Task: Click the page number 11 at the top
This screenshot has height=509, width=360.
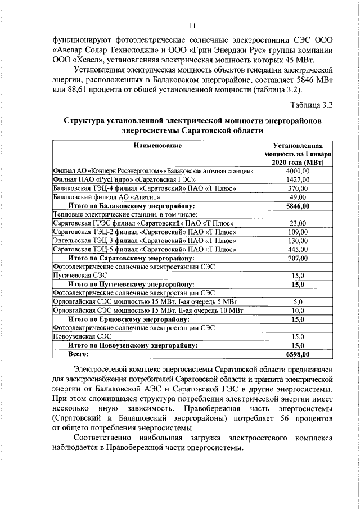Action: tap(192, 25)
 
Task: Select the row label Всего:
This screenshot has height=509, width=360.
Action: tap(79, 354)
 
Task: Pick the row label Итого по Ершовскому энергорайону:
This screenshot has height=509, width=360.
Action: tap(132, 319)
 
